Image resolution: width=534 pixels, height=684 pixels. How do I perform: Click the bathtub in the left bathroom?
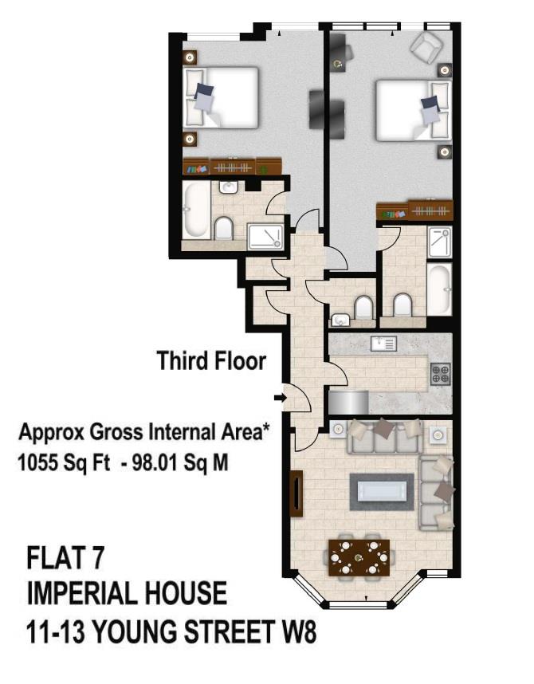(196, 211)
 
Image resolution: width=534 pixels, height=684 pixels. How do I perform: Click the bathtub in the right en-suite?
(439, 288)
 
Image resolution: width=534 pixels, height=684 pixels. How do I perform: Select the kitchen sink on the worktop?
(384, 344)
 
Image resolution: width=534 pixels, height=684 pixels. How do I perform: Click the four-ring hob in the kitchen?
(440, 372)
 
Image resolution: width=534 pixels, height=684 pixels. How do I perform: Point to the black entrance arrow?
(279, 396)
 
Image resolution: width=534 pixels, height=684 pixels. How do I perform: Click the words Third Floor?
(211, 360)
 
